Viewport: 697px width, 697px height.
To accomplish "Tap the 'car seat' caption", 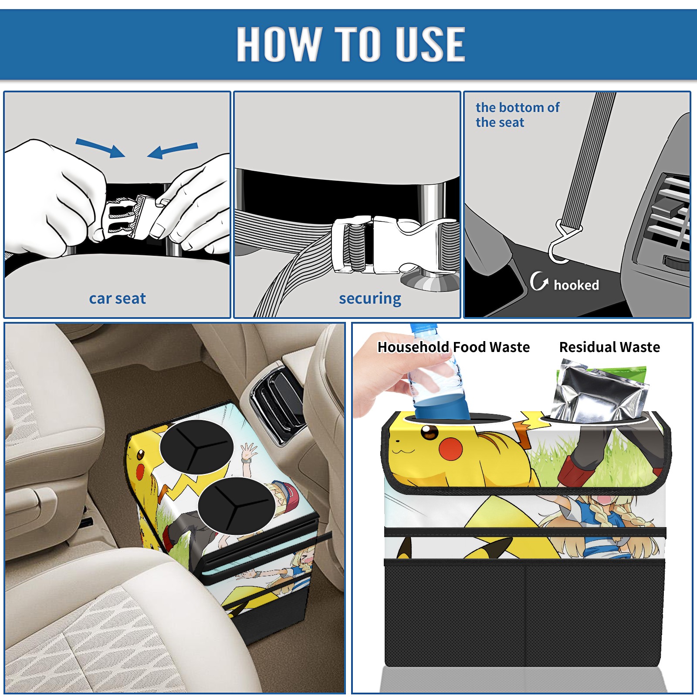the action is [x=117, y=298].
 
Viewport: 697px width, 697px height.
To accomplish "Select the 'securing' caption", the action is [x=370, y=299].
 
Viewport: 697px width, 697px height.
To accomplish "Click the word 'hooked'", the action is [x=576, y=285].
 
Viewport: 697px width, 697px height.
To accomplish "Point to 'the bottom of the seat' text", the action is [x=517, y=115].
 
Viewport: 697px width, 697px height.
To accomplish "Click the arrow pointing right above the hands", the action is [x=100, y=148].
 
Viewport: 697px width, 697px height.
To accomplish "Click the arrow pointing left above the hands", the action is [x=173, y=150].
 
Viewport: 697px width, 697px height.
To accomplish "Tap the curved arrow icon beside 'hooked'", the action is [x=539, y=281].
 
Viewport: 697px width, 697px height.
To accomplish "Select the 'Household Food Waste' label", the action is [x=453, y=347].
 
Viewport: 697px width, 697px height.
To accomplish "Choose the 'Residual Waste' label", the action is [x=609, y=347].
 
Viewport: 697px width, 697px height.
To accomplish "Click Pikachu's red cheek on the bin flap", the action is [x=450, y=449].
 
